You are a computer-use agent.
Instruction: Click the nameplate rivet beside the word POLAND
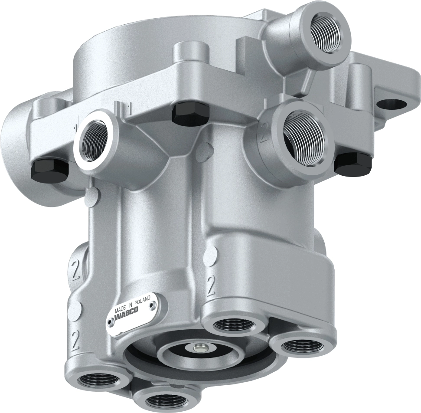[x=152, y=305]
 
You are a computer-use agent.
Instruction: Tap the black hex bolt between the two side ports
[x=191, y=114]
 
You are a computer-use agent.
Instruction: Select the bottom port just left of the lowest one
[x=98, y=380]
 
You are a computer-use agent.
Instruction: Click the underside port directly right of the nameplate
[x=236, y=323]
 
